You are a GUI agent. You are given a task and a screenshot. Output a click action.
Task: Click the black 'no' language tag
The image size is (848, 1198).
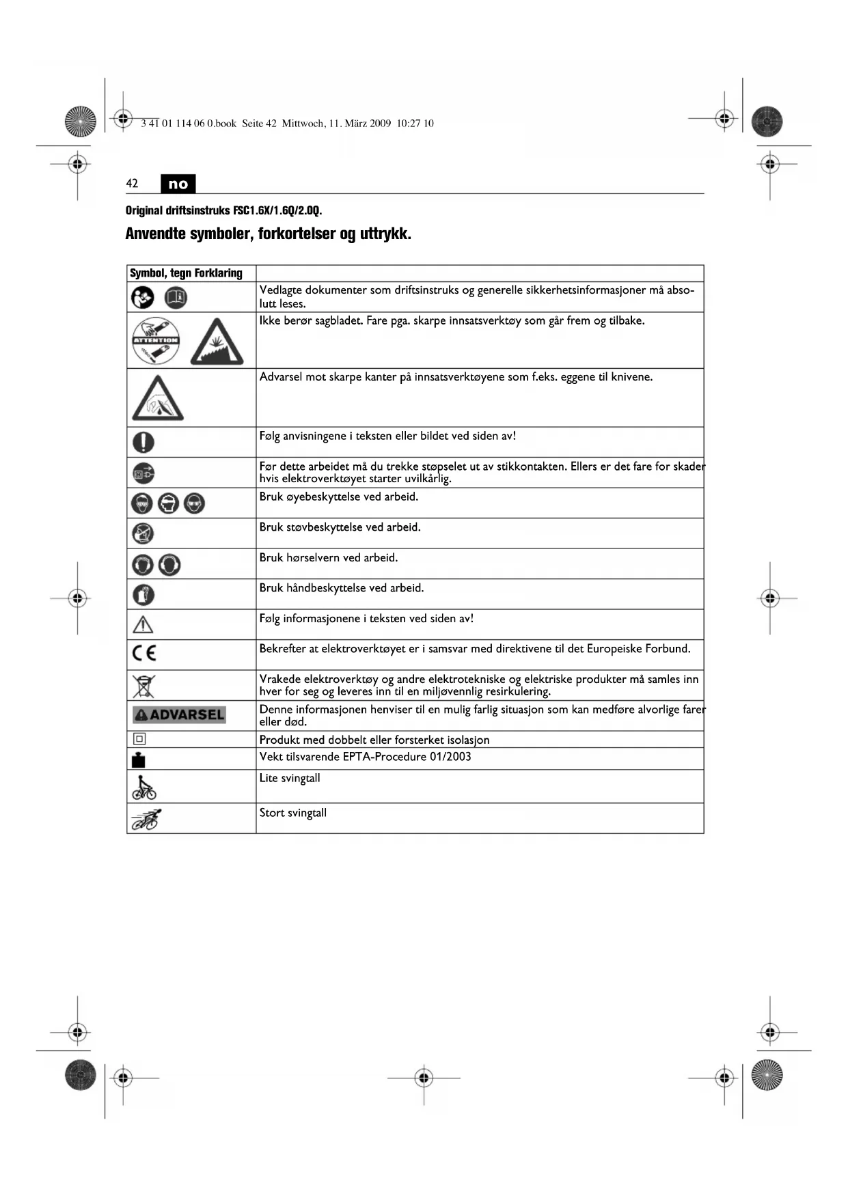pos(178,184)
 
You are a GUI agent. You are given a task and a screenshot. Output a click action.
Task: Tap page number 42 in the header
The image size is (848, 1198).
pos(132,183)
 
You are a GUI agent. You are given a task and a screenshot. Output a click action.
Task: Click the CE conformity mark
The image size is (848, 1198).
pos(144,654)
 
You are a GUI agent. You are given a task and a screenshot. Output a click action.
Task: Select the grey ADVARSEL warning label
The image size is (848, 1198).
pos(179,714)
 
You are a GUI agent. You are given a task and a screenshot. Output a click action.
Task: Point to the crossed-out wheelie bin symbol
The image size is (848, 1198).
pos(143,685)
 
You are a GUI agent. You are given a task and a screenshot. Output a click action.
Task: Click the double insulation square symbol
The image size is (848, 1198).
pos(139,739)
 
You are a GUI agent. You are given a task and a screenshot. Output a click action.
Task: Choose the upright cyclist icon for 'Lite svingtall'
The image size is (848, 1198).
pos(143,788)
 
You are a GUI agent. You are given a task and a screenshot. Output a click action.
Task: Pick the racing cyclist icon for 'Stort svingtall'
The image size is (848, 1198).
pos(146,818)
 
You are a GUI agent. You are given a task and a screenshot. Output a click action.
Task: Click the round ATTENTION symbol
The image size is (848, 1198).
pos(156,341)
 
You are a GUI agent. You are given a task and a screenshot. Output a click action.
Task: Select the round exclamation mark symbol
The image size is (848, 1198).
pos(143,443)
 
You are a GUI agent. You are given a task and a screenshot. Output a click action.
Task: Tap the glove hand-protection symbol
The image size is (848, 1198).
pos(143,595)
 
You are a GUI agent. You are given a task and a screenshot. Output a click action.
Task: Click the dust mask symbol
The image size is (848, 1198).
pos(143,533)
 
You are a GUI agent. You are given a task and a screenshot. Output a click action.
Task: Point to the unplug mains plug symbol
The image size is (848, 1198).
pos(143,473)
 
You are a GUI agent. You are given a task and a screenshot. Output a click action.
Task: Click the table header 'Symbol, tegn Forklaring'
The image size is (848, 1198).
pos(186,273)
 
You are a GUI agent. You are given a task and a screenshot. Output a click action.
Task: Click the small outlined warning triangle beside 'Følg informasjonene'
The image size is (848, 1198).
pos(143,624)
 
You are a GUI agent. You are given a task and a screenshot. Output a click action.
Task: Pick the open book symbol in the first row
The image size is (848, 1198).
pos(176,297)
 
